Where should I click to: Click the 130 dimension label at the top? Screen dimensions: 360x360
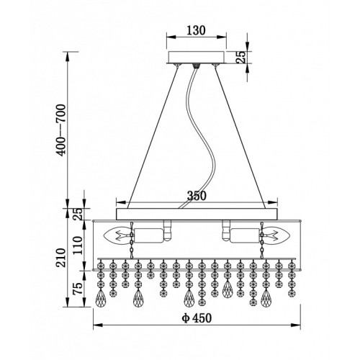point(196,30)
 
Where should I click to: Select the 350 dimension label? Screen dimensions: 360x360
point(197,196)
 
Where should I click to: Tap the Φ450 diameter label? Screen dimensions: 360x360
point(197,318)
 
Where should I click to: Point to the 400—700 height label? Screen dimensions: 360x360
point(60,130)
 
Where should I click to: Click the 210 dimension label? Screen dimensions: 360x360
point(60,258)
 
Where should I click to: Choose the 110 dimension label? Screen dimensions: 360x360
point(78,246)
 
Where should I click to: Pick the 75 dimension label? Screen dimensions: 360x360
point(78,289)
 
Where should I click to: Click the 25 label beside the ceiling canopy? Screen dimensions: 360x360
point(240,57)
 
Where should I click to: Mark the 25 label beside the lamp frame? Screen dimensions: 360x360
point(78,214)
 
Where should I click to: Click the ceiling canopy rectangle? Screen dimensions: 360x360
point(197,57)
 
